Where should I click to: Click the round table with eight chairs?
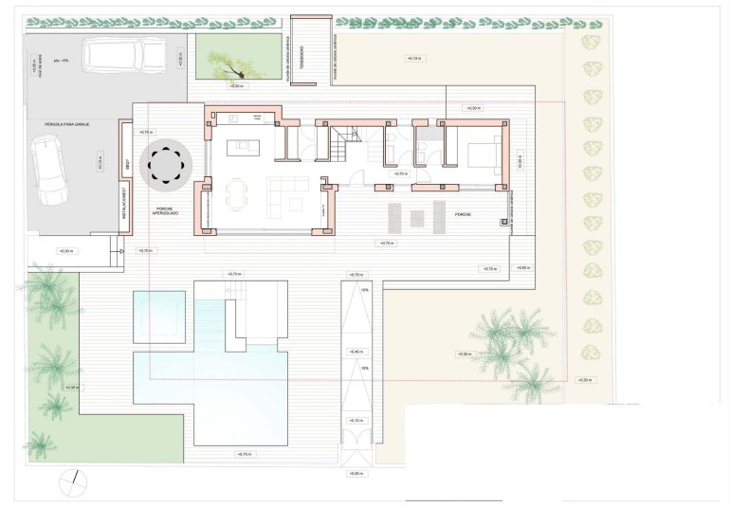pyautogui.click(x=167, y=163)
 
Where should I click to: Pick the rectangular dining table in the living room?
pyautogui.click(x=235, y=199)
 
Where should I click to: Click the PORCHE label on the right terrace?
pyautogui.click(x=464, y=214)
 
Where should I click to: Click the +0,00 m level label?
pyautogui.click(x=356, y=473)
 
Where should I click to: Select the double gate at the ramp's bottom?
pyautogui.click(x=356, y=446)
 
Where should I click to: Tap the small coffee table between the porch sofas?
pyautogui.click(x=417, y=217)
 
